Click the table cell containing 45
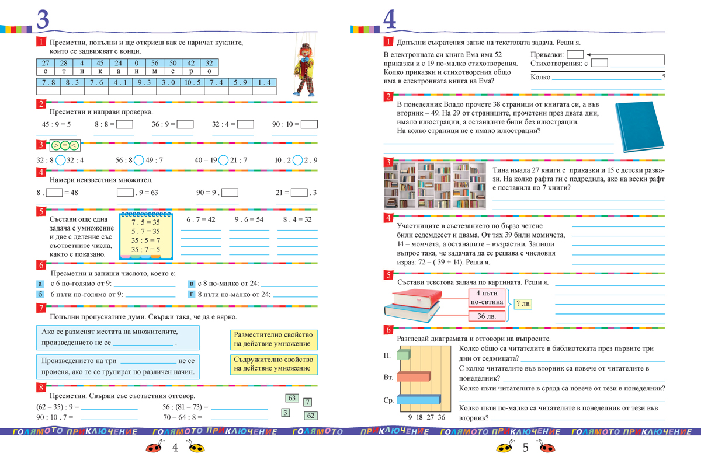pyautogui.click(x=100, y=63)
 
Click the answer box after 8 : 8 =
pyautogui.click(x=124, y=124)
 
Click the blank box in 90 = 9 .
pyautogui.click(x=230, y=193)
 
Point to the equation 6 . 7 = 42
pyautogui.click(x=200, y=219)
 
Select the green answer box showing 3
pyautogui.click(x=285, y=413)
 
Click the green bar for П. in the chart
pyautogui.click(x=402, y=354)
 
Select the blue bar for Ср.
pyautogui.click(x=418, y=400)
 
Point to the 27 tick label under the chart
pyautogui.click(x=431, y=417)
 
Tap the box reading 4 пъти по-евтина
pyautogui.click(x=485, y=297)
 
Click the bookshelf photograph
pyautogui.click(x=435, y=186)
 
